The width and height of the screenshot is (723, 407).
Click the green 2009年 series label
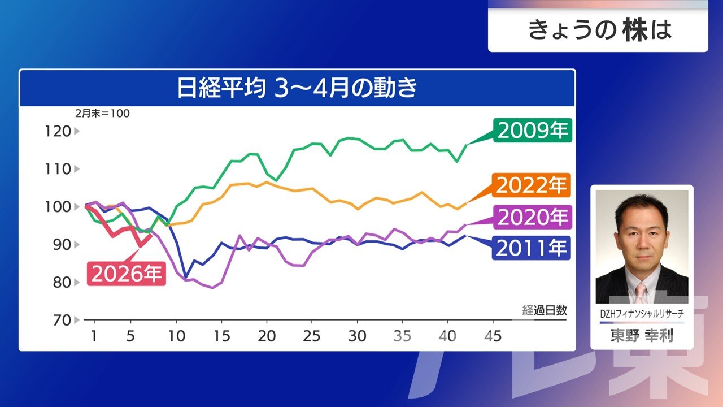pos(532,131)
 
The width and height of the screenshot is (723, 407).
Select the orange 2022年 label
pos(532,185)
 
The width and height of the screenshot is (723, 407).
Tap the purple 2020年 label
pos(532,217)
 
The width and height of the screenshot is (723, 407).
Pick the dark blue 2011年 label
pos(532,247)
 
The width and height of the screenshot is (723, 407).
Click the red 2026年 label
pos(127,274)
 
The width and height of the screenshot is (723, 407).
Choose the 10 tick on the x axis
pos(176,336)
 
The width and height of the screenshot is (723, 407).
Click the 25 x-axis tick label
pos(311,336)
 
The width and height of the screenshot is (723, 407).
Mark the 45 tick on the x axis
pos(493,336)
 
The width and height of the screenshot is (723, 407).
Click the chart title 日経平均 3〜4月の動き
pos(297,89)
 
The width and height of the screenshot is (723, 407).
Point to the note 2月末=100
pos(102,113)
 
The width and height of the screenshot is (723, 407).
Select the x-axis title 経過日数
pos(544,310)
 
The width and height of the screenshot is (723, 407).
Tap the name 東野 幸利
pos(642,336)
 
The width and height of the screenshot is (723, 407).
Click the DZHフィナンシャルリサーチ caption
pos(642,313)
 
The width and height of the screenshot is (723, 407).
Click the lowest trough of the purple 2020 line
pos(212,288)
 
